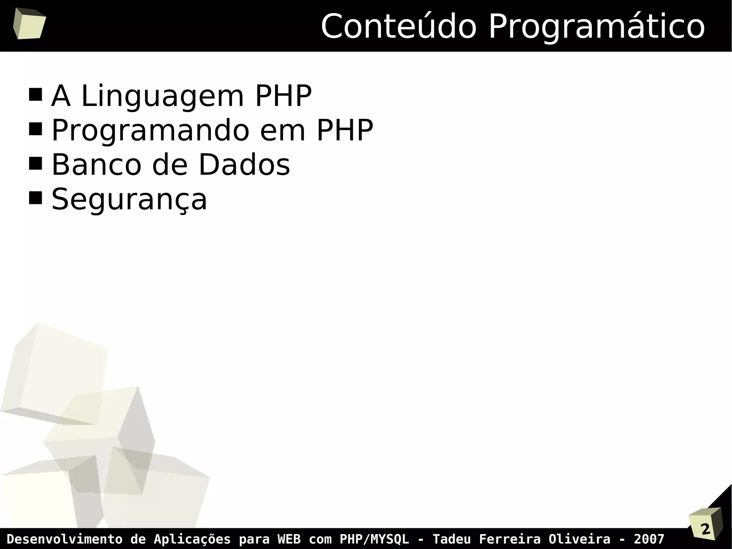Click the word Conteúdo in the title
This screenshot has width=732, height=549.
[399, 27]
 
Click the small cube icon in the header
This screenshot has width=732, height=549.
[29, 24]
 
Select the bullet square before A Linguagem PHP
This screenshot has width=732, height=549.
[35, 95]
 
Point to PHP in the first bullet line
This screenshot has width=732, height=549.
[283, 96]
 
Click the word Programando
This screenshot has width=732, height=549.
[150, 131]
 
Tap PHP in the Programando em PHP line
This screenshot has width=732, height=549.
[345, 130]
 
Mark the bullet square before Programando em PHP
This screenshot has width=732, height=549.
[35, 129]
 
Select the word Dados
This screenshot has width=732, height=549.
[244, 165]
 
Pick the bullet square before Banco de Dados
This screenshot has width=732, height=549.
[35, 163]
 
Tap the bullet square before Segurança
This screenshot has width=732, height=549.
[35, 197]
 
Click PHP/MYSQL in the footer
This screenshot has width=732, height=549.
[374, 539]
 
